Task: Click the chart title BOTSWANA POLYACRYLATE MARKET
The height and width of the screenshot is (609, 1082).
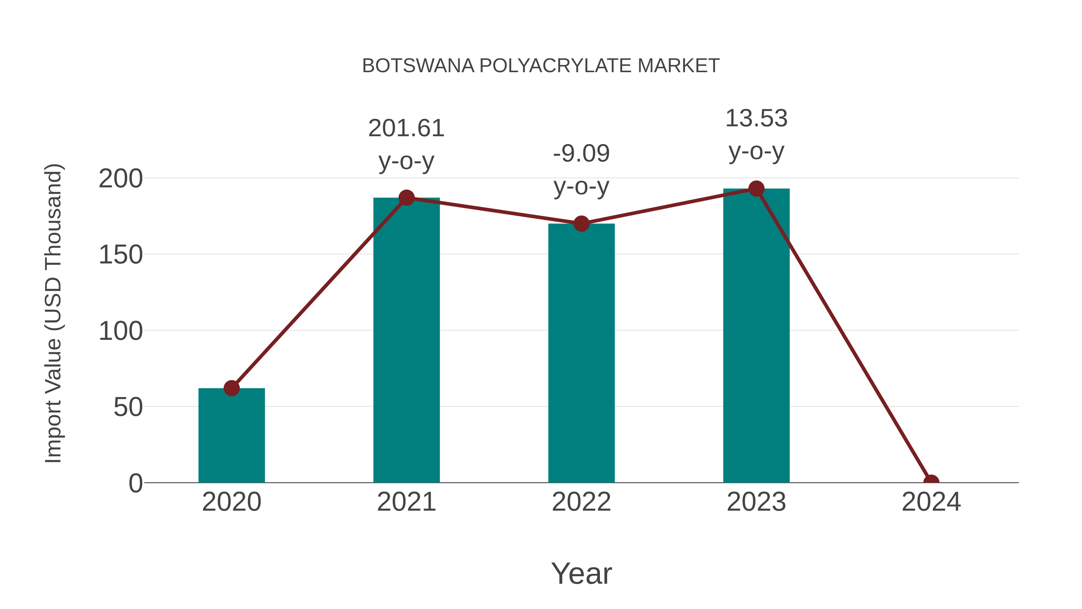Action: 541,66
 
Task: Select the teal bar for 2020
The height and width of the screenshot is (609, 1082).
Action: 231,437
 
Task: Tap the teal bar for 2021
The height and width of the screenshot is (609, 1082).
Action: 406,340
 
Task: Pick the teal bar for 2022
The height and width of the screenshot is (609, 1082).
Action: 581,353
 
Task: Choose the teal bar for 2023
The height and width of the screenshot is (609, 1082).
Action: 756,336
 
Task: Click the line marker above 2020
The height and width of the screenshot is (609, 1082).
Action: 231,388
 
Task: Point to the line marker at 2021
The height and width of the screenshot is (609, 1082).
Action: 406,198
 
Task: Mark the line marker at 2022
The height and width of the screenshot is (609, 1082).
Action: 581,223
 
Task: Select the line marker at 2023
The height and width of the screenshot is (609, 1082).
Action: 756,189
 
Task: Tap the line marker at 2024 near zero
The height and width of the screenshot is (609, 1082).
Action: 931,482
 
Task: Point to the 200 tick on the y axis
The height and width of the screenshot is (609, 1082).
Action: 121,179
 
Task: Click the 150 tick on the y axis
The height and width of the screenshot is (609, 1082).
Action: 121,255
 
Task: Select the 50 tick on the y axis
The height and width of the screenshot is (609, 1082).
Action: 128,407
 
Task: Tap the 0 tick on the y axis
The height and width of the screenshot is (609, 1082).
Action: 136,483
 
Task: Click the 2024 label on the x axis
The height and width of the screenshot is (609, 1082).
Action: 931,502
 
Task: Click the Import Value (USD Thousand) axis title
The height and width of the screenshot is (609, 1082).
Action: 53,313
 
